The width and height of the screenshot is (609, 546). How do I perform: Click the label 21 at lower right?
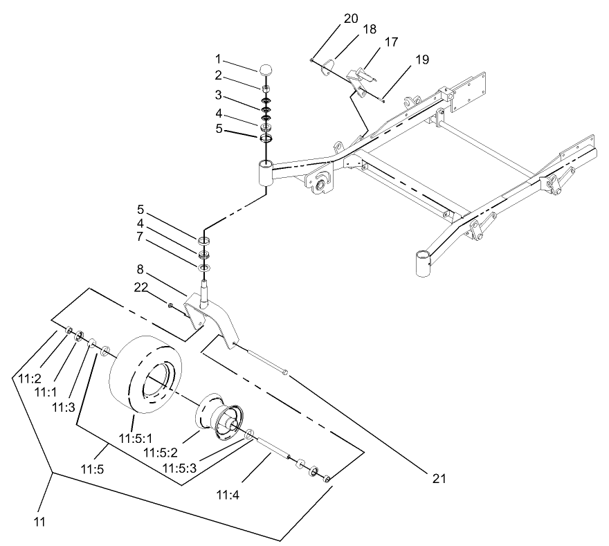(x=439, y=478)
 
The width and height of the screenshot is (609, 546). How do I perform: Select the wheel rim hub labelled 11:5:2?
(x=220, y=415)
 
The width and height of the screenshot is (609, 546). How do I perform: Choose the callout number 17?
(x=391, y=42)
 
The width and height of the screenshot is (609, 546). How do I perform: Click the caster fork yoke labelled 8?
(x=211, y=315)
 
